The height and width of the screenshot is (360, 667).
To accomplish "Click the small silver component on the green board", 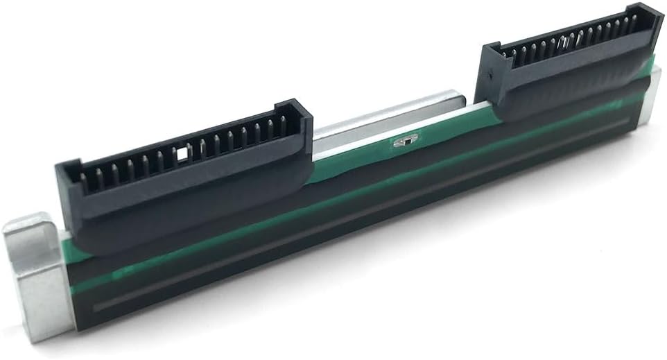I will click(402, 142).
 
